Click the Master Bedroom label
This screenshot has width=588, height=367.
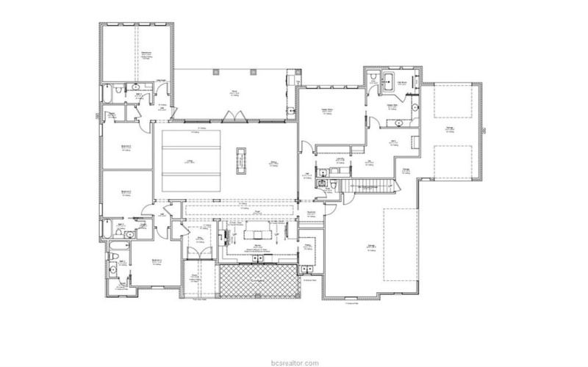tap(327, 111)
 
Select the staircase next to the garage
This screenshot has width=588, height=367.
tap(367, 186)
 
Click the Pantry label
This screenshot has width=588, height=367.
tap(309, 247)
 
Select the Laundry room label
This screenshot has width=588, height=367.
tap(340, 160)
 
